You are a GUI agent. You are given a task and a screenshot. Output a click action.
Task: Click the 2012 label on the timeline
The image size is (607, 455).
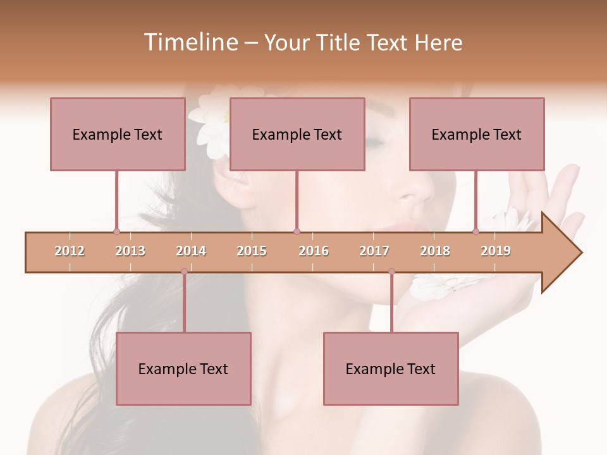70,251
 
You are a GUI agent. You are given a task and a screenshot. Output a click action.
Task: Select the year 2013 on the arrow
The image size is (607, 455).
130,251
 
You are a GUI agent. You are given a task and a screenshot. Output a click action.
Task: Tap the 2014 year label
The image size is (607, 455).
191,251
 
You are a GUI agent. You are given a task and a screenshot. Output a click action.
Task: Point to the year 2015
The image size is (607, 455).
252,251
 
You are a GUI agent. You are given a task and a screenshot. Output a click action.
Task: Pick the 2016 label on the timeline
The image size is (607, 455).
314,251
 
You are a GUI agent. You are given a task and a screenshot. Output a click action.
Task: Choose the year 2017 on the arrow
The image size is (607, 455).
374,251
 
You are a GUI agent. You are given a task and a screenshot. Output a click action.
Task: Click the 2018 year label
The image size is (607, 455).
435,251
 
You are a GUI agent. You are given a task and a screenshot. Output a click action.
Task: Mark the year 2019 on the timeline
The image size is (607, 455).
496,251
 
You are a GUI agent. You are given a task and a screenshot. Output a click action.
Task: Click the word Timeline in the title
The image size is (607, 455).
189,42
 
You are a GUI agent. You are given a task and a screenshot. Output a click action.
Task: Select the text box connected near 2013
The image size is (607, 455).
118,134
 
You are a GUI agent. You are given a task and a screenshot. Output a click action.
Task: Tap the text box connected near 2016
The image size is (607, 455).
297,134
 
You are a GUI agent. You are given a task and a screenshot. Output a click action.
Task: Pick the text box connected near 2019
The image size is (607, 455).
477,134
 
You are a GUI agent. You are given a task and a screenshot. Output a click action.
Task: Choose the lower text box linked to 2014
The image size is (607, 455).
183,368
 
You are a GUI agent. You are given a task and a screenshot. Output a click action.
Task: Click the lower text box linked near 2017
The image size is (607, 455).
391,368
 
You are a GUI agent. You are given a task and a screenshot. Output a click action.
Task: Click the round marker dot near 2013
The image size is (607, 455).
116,231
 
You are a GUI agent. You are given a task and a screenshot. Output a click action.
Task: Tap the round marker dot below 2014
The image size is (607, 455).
184,272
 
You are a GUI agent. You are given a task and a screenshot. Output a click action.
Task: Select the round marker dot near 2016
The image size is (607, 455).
297,231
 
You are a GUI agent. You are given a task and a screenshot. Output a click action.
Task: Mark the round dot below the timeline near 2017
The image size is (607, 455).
391,272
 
